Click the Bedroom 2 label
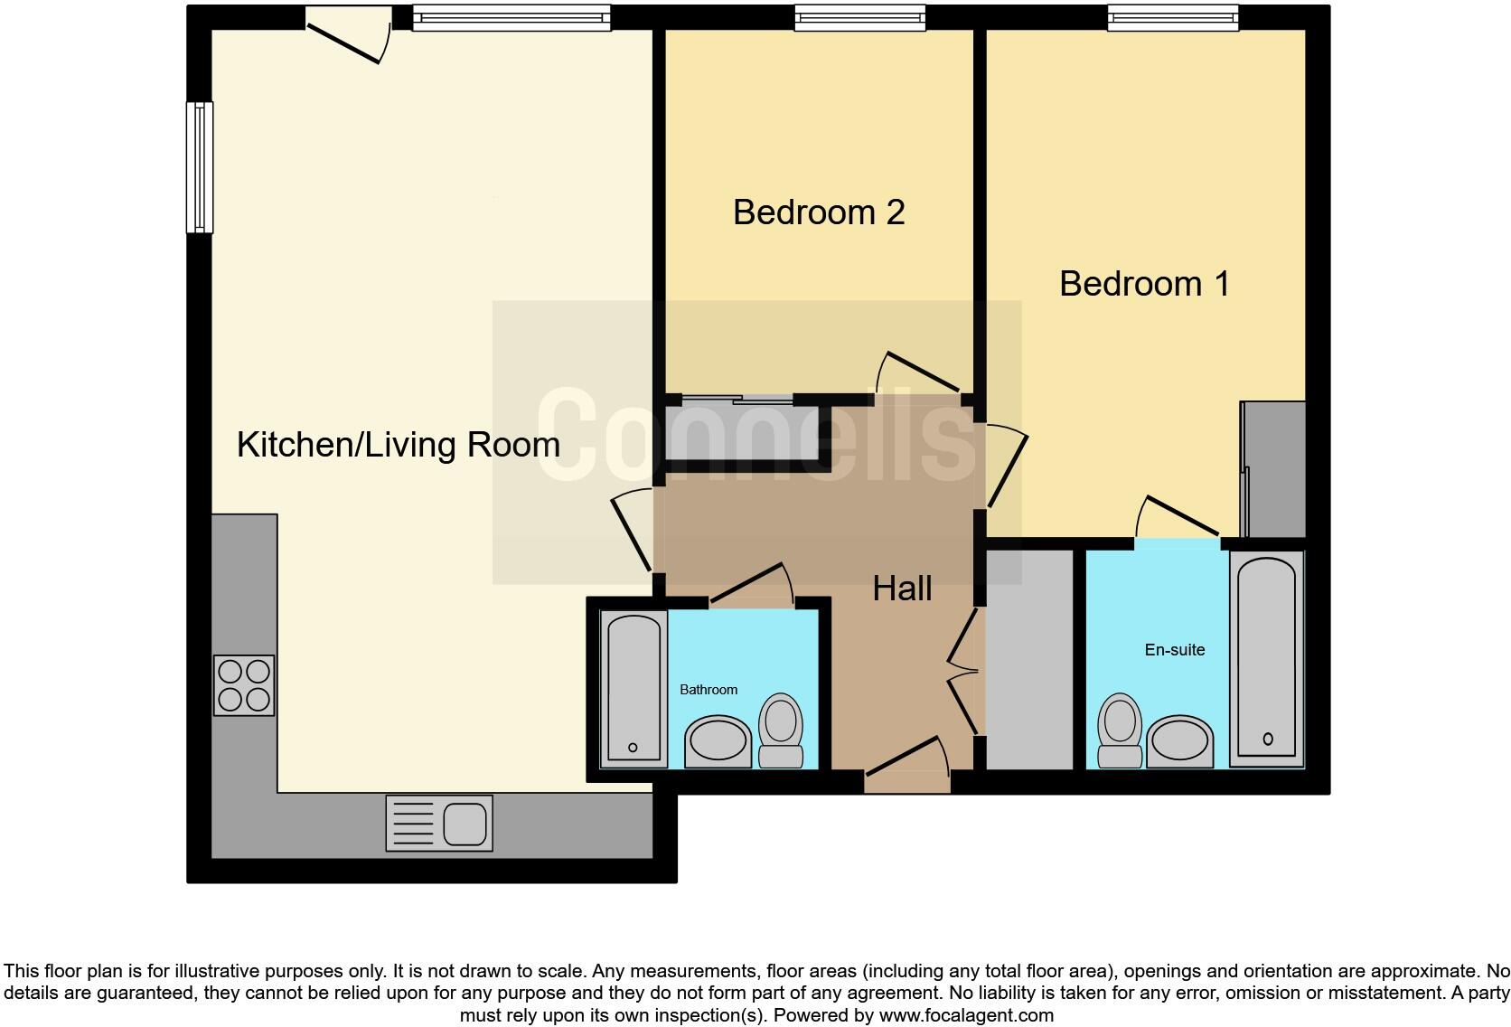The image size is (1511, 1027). point(819,212)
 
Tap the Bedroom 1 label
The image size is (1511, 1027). point(1144,284)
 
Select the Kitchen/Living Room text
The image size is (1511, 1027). point(398,445)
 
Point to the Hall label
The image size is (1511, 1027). point(902,589)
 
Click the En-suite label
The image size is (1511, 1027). point(1174,650)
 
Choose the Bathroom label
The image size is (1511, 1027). point(709,690)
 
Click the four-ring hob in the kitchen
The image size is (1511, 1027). point(244,685)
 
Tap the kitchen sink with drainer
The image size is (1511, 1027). point(439,824)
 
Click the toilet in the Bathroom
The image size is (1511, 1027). point(781,730)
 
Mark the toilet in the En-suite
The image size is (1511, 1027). point(1119,730)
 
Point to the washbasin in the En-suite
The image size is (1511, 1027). point(1179,741)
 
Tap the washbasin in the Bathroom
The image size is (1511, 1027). point(718,741)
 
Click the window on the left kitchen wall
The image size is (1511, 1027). point(200,167)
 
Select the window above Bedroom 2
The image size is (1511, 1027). point(860,17)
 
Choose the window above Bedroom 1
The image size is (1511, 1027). point(1173,17)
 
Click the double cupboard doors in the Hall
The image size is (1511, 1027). point(964,671)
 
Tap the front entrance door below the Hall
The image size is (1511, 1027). point(906,766)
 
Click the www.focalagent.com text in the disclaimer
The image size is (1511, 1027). point(965,1015)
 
